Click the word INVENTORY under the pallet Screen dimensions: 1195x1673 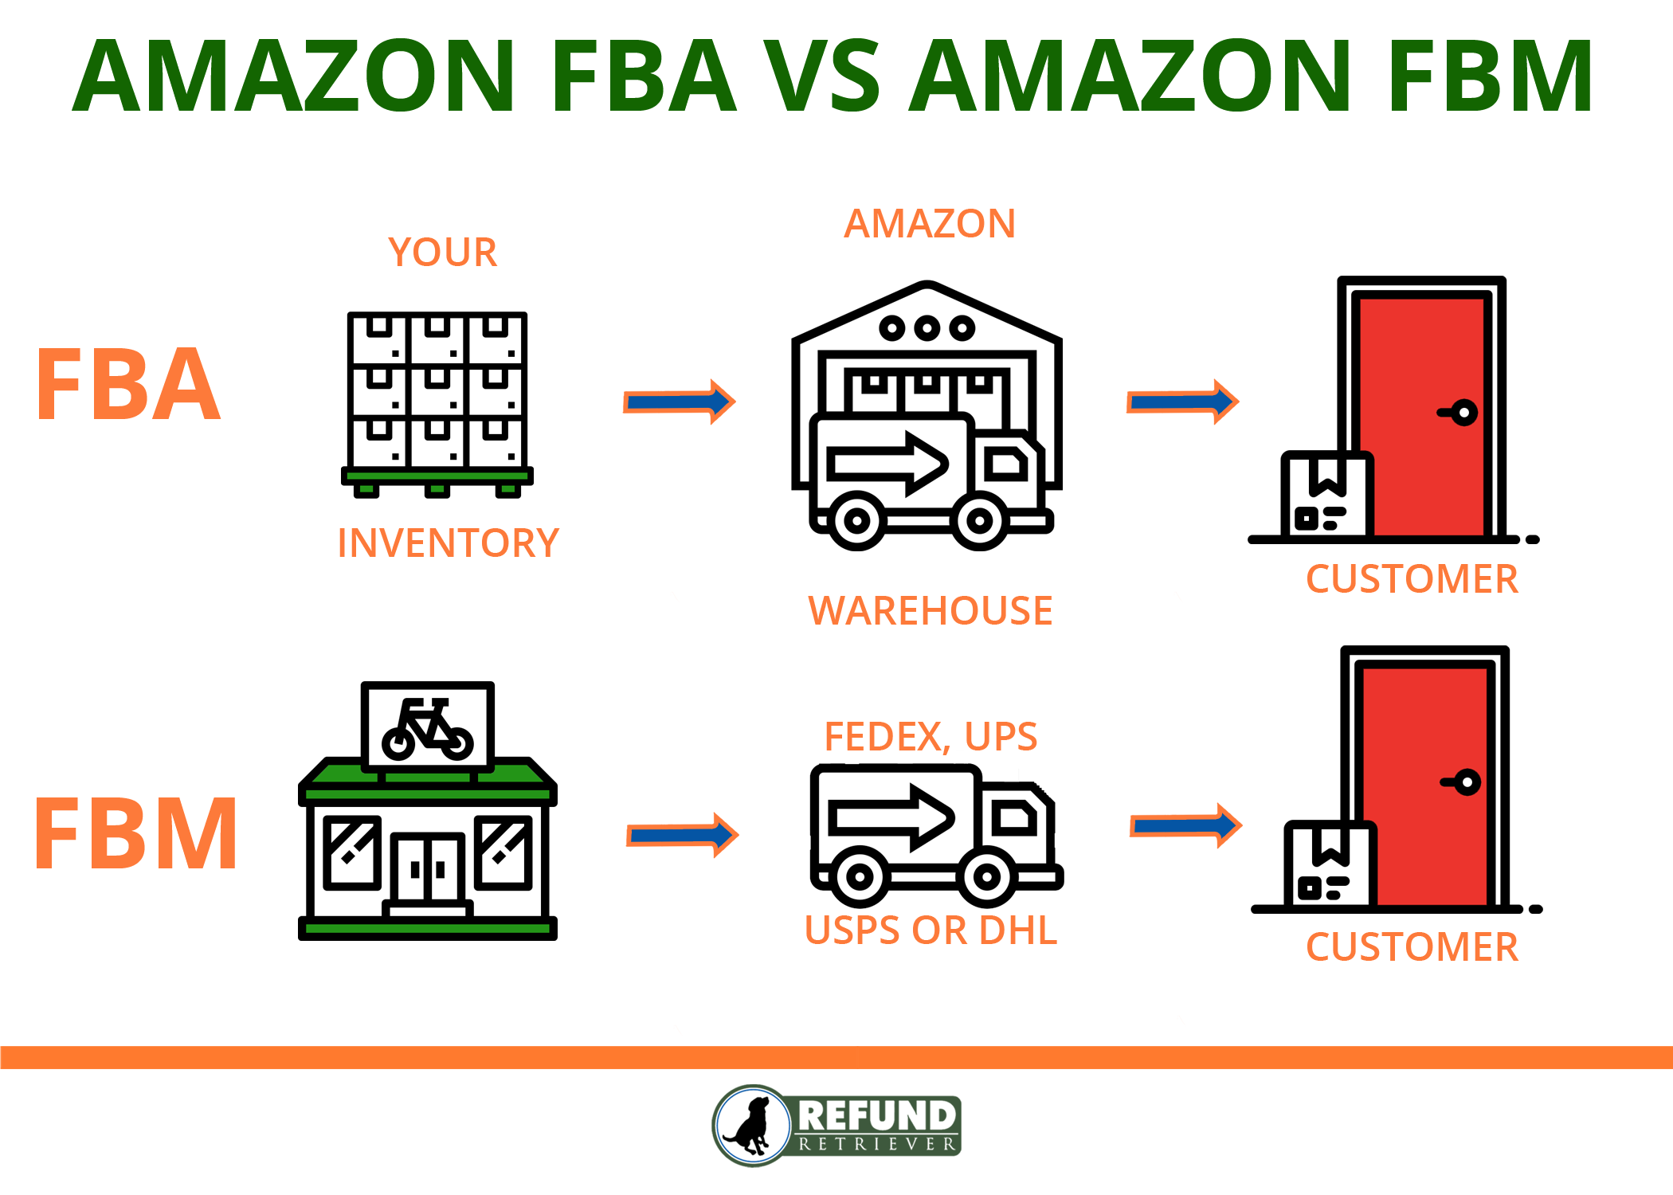[x=448, y=543]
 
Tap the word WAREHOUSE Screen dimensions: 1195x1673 [x=930, y=611]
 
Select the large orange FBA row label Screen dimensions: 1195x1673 [x=127, y=385]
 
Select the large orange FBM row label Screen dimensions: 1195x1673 [x=135, y=834]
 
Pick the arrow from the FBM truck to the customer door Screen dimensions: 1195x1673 [x=1185, y=826]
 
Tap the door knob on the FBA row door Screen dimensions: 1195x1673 [x=1462, y=413]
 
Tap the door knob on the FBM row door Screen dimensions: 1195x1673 [x=1465, y=782]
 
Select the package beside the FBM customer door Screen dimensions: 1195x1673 [x=1328, y=865]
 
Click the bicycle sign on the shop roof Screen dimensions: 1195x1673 [x=428, y=727]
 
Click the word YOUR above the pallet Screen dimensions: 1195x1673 [x=442, y=253]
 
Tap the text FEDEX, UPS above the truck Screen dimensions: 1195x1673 [x=930, y=736]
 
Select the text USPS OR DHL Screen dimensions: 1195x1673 [x=930, y=930]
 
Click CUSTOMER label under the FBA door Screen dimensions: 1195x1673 [x=1412, y=579]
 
